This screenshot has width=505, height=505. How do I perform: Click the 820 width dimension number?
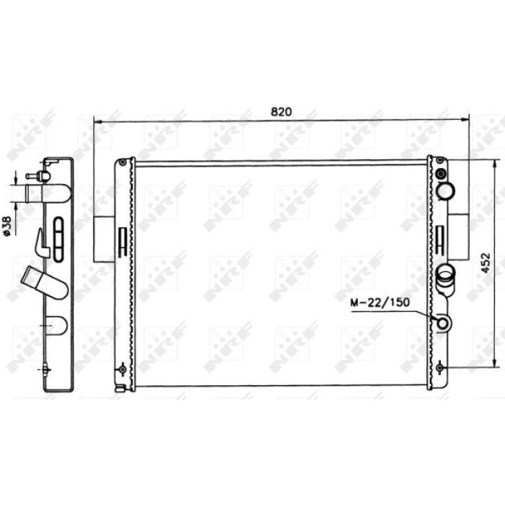(x=281, y=111)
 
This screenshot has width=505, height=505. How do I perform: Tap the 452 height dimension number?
(x=486, y=263)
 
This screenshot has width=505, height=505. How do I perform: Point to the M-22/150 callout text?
(x=380, y=302)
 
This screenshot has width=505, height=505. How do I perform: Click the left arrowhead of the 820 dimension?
(x=97, y=122)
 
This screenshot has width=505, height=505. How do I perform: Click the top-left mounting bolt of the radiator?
(x=123, y=162)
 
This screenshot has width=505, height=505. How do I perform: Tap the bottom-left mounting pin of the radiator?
(x=123, y=369)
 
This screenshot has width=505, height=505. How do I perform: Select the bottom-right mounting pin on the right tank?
(x=440, y=367)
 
